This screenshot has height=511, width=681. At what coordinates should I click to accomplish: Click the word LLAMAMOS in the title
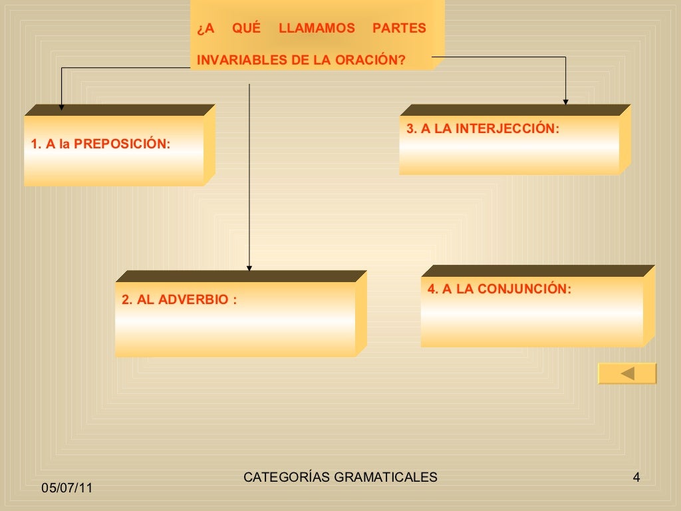pos(317,29)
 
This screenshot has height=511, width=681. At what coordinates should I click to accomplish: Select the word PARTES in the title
pos(399,29)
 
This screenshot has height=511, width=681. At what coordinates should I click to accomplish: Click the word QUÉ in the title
pos(247,29)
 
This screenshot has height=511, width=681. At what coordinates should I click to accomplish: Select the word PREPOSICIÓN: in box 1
pos(122,144)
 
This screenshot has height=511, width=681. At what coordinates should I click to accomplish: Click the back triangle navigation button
pos(627,373)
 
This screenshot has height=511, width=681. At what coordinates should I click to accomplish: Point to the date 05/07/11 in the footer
pos(67,488)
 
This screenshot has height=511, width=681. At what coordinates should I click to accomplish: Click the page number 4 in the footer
pos(636,477)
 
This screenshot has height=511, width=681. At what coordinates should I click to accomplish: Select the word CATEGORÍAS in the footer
pos(286,477)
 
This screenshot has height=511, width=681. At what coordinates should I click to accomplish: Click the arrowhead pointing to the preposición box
pos(62,105)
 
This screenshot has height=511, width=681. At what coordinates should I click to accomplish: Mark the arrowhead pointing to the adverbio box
pos(249,269)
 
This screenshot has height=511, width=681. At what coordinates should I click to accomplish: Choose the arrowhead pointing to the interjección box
pos(566,102)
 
